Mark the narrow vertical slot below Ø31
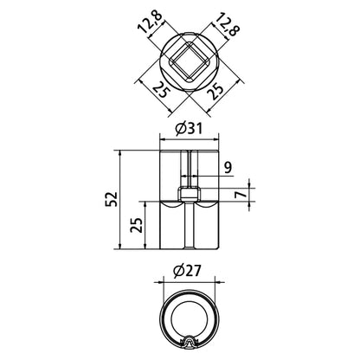coord(187,169)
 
